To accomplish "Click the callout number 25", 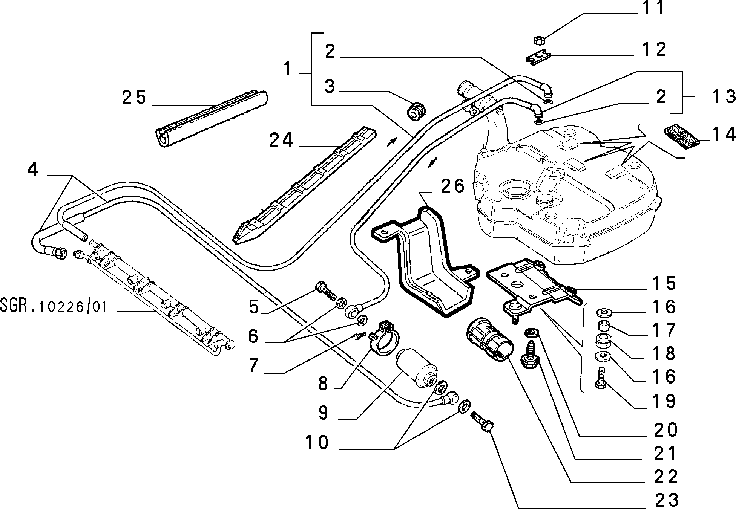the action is (x=134, y=98).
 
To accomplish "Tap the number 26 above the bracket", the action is (x=452, y=186).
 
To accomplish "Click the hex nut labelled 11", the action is (x=540, y=40).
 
